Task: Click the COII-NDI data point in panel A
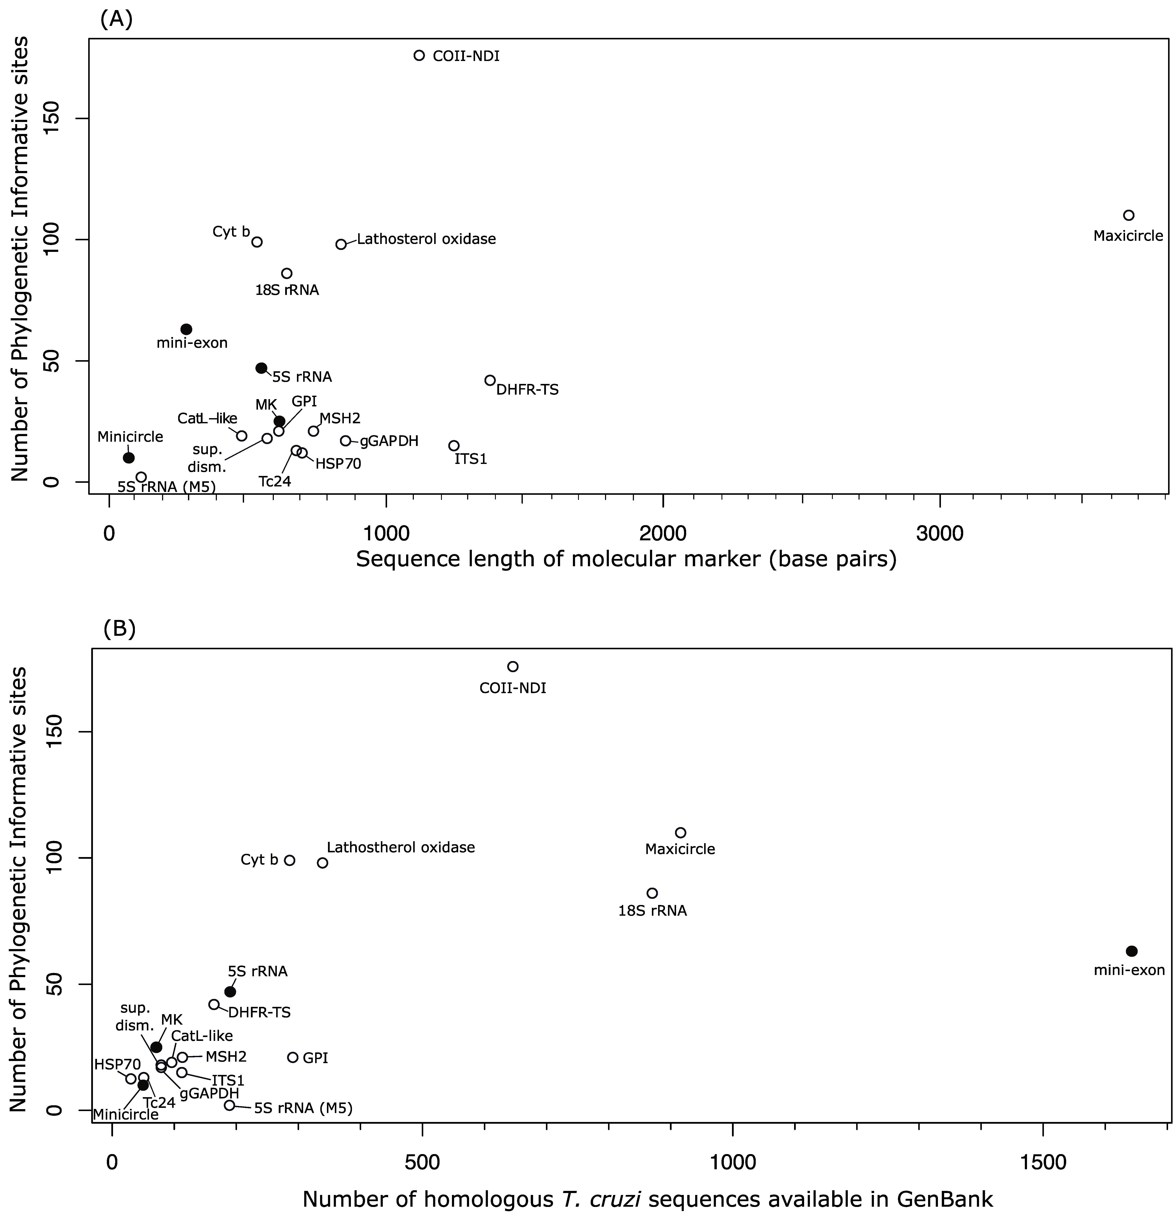pos(419,55)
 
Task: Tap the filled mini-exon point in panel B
pos(1131,951)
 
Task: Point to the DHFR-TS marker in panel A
pos(490,380)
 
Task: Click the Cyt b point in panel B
pos(289,860)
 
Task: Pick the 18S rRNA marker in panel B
pos(652,893)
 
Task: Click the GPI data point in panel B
pos(293,1057)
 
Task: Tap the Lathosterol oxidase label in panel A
pos(426,239)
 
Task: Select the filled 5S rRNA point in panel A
pos(261,368)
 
